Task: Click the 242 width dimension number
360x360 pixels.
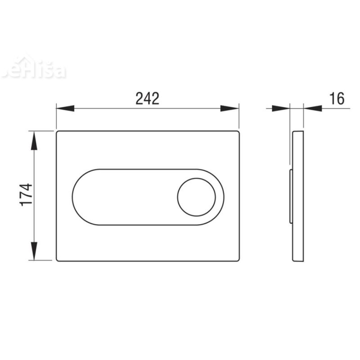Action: pos(147,99)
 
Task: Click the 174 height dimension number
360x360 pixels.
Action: pos(27,195)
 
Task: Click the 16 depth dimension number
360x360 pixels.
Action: pos(337,99)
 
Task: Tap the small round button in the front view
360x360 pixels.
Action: pos(196,197)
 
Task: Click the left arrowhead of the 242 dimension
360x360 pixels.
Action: pos(65,108)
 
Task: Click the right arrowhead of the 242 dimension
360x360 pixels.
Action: pos(229,108)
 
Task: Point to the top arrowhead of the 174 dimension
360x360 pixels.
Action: pos(34,140)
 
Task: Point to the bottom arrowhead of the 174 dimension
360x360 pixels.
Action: pos(34,251)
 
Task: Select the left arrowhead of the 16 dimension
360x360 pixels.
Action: pos(281,108)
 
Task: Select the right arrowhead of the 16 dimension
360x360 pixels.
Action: pos(312,108)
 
